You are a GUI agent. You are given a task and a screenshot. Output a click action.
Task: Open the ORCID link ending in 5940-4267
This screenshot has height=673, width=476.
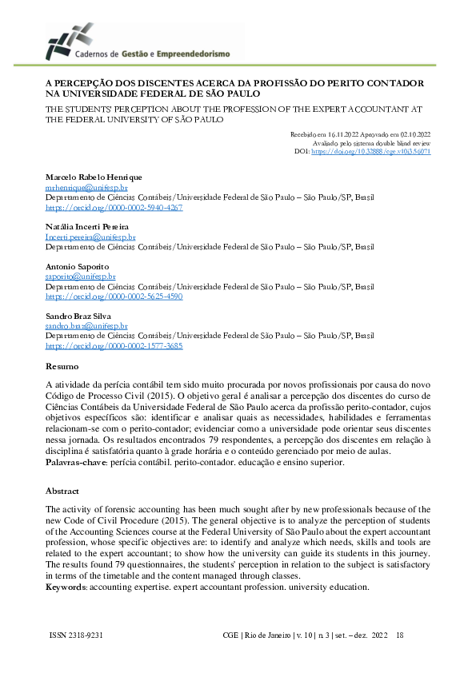coord(114,207)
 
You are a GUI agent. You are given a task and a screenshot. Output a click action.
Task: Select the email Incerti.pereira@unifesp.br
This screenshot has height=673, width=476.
coord(90,237)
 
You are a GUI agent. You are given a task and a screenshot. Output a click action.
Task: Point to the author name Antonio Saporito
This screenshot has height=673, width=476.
coord(77,265)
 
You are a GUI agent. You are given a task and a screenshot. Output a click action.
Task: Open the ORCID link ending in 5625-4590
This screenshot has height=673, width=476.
coord(114,297)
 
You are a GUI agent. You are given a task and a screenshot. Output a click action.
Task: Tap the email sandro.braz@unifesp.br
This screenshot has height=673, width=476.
coord(86,326)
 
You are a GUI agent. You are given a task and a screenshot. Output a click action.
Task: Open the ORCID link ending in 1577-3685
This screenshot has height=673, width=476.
coord(114,347)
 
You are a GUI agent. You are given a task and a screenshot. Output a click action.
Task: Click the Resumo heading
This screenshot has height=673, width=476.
coord(62,367)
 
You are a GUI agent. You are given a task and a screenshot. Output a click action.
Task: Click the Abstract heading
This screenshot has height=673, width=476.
coord(62,491)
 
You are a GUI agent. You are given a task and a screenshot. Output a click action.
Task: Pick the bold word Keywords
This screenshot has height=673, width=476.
coord(66,587)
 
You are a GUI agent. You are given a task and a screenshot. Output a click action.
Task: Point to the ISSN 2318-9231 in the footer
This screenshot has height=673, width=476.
coord(76,635)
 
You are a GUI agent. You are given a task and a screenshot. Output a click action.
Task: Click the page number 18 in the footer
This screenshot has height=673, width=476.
coord(400,635)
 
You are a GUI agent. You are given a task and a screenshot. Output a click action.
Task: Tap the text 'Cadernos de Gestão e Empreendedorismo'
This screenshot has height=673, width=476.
coord(152,54)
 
